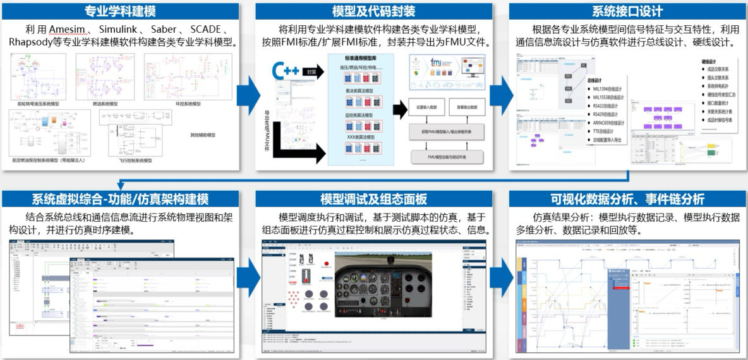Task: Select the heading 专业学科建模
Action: pos(120,11)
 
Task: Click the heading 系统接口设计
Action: pos(627,11)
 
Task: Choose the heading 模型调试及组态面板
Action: pos(374,199)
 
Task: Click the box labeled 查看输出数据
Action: pos(467,107)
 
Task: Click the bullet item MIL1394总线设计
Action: pos(608,89)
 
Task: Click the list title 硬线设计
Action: pos(711,61)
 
